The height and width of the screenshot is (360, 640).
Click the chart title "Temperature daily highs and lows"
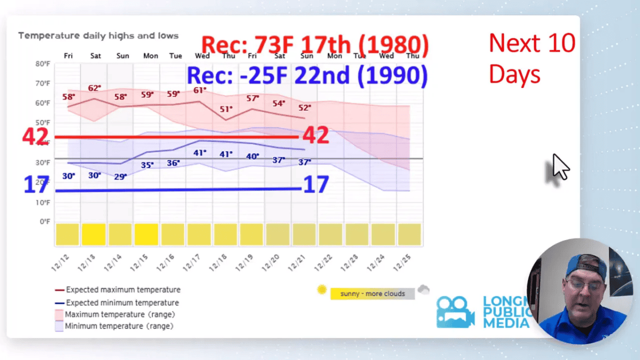pos(98,36)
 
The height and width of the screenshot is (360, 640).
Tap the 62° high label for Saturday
pos(94,88)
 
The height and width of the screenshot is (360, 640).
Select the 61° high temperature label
pos(199,90)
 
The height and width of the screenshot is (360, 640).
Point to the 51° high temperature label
pos(226,109)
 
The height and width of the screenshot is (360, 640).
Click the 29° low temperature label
pos(121,177)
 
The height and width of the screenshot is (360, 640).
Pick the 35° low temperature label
pos(147,165)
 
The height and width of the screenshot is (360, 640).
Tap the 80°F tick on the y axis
pos(43,64)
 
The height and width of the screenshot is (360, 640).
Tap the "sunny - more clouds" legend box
pos(372,294)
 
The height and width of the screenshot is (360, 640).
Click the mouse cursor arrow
pos(559,167)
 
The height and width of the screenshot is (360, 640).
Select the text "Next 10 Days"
pos(532,59)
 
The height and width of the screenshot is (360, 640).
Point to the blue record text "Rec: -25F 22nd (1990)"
pos(307,76)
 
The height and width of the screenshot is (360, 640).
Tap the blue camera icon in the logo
pos(455,311)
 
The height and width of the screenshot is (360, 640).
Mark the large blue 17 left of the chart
pos(36,185)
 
